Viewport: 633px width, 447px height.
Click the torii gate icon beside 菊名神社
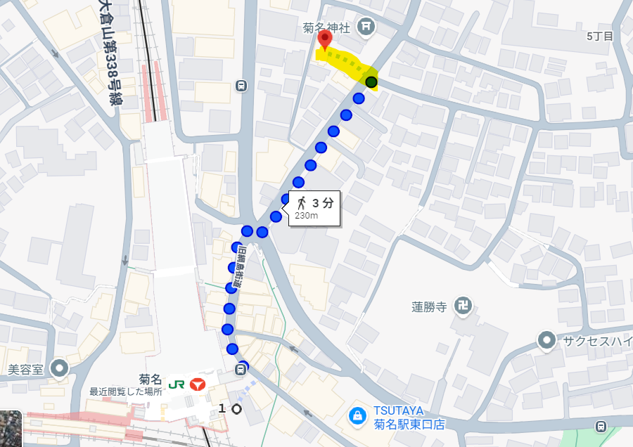pyautogui.click(x=366, y=27)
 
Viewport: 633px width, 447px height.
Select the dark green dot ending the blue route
pyautogui.click(x=371, y=83)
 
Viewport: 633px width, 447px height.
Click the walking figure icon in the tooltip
pyautogui.click(x=302, y=203)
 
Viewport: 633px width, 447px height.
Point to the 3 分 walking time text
pyautogui.click(x=323, y=203)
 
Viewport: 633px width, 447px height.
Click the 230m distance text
pyautogui.click(x=307, y=216)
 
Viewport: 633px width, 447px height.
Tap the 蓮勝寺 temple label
pyautogui.click(x=430, y=306)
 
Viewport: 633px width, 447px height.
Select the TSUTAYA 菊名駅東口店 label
pyautogui.click(x=409, y=418)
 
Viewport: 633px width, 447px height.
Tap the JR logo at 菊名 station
pyautogui.click(x=178, y=382)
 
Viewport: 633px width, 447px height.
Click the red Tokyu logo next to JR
pyautogui.click(x=198, y=383)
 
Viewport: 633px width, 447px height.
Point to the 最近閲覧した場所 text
pyautogui.click(x=126, y=391)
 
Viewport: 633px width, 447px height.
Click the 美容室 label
pyautogui.click(x=26, y=368)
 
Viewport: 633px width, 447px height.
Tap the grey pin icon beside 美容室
pyautogui.click(x=60, y=368)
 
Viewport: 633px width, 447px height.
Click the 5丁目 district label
pyautogui.click(x=600, y=36)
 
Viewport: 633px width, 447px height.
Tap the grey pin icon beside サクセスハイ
pyautogui.click(x=546, y=341)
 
